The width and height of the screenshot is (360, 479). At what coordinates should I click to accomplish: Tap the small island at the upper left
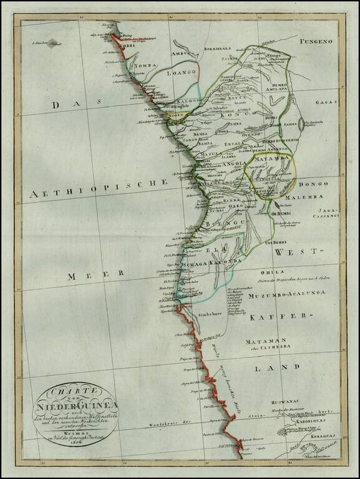coord(56,44)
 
